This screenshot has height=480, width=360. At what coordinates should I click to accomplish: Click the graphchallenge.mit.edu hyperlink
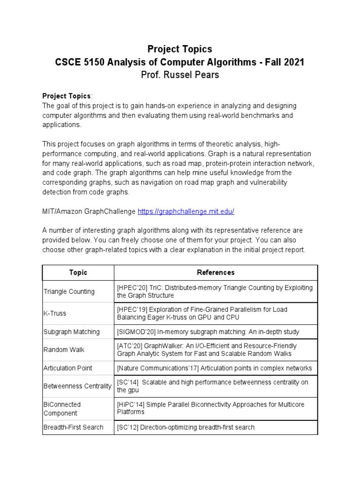pyautogui.click(x=186, y=211)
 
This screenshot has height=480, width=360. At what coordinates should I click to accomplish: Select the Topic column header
pyautogui.click(x=78, y=272)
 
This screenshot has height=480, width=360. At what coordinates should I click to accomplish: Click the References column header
pyautogui.click(x=216, y=272)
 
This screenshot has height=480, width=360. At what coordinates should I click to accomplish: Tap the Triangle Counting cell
pyautogui.click(x=69, y=292)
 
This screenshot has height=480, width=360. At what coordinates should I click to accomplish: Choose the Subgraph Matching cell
pyautogui.click(x=71, y=332)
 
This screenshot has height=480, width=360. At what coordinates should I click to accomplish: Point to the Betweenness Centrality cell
pyautogui.click(x=77, y=386)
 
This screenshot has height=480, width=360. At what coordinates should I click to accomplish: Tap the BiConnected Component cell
pyautogui.click(x=62, y=409)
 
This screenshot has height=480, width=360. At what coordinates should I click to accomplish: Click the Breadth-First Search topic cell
pyautogui.click(x=73, y=427)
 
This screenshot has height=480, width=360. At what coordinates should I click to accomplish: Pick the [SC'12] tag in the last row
pyautogui.click(x=127, y=427)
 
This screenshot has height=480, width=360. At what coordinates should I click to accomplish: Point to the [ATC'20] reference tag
pyautogui.click(x=129, y=346)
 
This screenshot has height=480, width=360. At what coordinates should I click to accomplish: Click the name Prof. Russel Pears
pyautogui.click(x=180, y=75)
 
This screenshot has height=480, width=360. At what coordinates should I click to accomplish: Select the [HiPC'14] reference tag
pyautogui.click(x=129, y=404)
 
